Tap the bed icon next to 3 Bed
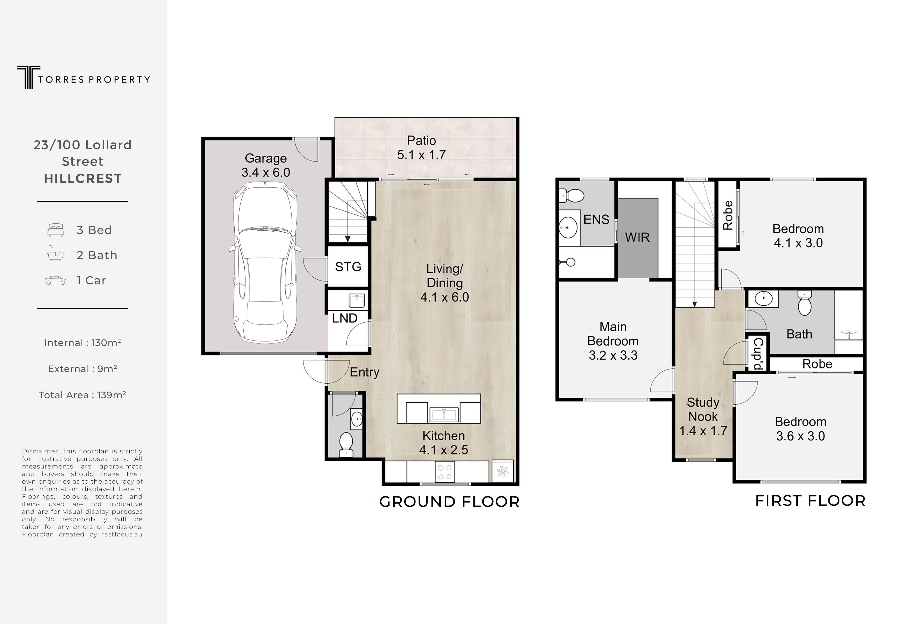pos(56,230)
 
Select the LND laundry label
pos(345,318)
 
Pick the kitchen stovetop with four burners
pos(445,472)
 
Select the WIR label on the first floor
pos(637,237)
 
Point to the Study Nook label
pos(703,409)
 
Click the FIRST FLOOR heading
pos(810,501)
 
